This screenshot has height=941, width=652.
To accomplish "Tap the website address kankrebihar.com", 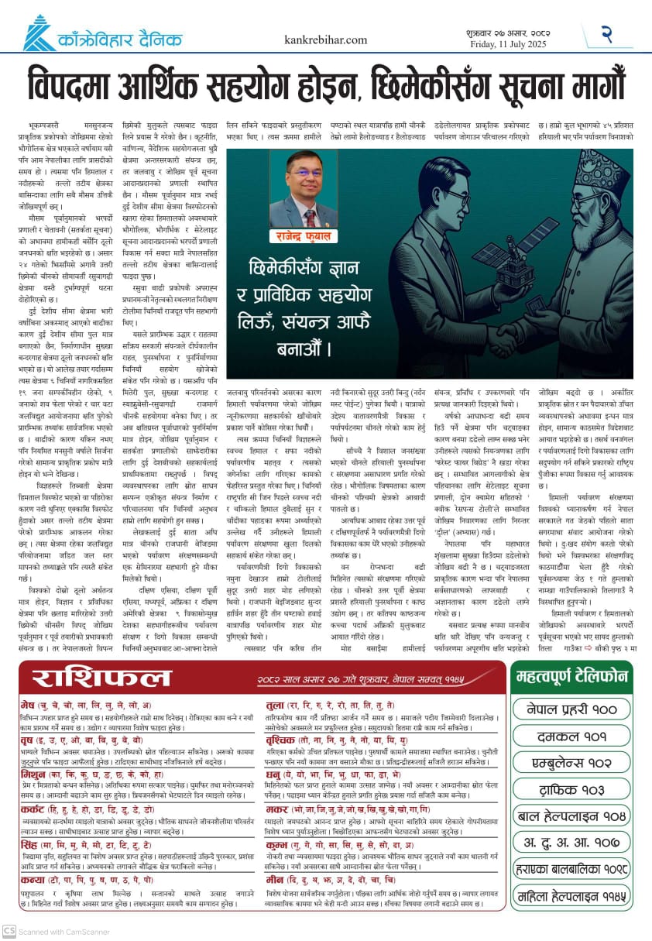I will tap(325, 39).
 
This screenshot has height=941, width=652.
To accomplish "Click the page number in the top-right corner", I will tap(606, 33).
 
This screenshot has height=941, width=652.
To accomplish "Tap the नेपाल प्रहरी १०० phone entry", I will tap(571, 708).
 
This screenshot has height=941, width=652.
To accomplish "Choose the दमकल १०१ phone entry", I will tap(571, 735).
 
